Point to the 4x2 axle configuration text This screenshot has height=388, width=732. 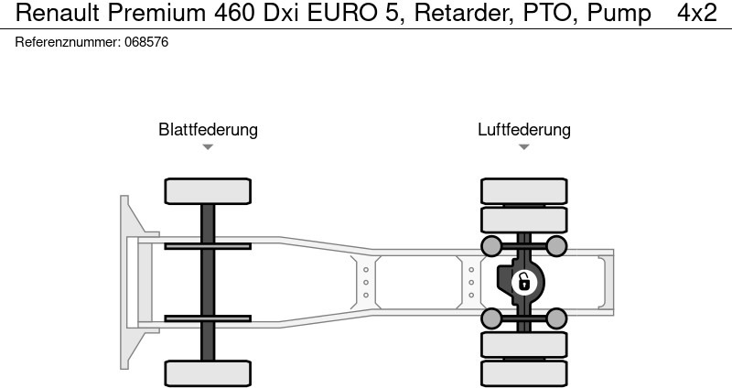click(696, 13)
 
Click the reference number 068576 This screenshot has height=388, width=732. click(146, 42)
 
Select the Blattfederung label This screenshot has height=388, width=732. click(208, 129)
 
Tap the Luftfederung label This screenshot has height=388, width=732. click(523, 129)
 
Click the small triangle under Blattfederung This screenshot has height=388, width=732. click(208, 146)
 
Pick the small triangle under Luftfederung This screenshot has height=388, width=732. click(523, 146)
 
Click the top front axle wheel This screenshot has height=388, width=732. click(208, 191)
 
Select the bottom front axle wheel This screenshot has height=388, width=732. click(208, 373)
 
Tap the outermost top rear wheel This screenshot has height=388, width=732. click(523, 191)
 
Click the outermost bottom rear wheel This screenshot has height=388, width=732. click(523, 373)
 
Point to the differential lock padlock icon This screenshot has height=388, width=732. click(523, 283)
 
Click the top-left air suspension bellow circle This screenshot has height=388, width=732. click(491, 246)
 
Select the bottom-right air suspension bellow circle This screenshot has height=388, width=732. click(556, 318)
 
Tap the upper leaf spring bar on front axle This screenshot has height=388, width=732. click(208, 246)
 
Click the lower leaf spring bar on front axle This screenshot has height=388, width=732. click(208, 318)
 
